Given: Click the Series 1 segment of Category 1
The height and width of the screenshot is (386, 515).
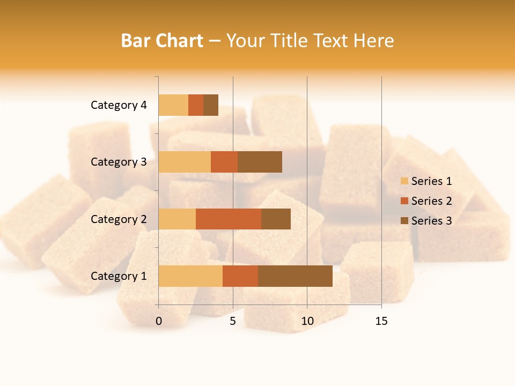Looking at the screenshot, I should tap(190, 276).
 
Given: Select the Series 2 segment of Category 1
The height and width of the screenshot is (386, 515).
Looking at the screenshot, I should tap(240, 276).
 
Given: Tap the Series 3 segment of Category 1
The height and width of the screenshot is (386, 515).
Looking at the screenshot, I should tap(295, 276).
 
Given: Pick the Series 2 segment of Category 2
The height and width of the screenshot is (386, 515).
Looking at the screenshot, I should tap(229, 219).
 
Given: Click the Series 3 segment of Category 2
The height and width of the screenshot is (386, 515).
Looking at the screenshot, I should tap(276, 219).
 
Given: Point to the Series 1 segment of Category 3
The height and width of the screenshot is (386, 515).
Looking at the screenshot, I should tap(185, 162).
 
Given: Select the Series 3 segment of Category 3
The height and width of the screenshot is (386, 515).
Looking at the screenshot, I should tap(260, 162).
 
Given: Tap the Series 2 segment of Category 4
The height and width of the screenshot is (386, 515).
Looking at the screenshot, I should tap(196, 105).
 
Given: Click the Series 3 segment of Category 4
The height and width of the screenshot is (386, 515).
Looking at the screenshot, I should tap(211, 105).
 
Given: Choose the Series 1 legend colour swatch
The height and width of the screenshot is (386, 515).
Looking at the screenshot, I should tap(404, 181).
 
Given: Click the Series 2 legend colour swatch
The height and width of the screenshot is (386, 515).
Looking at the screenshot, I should tap(404, 201).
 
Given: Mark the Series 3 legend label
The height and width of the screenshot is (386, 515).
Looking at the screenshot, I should tap(431, 221).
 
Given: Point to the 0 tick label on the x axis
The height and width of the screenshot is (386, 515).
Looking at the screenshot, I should tap(159, 321).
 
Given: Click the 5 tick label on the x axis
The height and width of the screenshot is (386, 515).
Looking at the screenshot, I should tap(233, 321).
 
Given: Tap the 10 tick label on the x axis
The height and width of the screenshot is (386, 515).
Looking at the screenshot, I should tap(307, 321).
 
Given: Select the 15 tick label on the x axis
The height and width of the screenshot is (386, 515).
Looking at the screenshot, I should tap(381, 321).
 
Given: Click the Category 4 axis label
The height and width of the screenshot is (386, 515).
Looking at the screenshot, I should tap(119, 105).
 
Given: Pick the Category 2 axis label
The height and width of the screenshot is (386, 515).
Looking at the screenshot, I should tap(119, 219).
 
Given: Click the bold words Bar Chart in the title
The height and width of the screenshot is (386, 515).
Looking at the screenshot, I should tap(162, 41).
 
